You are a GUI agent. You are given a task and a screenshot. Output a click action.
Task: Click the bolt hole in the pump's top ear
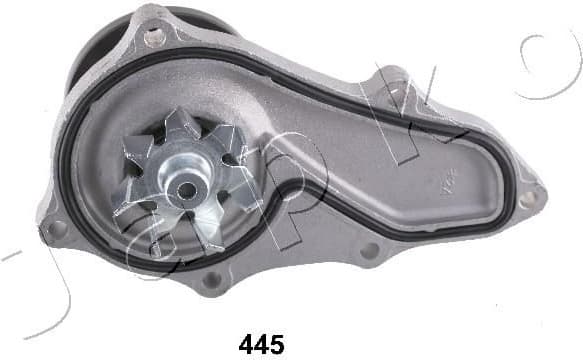coord(152,38)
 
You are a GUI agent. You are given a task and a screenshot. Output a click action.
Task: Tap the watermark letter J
coord(30,280)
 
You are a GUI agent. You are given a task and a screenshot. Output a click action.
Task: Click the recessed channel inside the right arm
coord(400,190)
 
